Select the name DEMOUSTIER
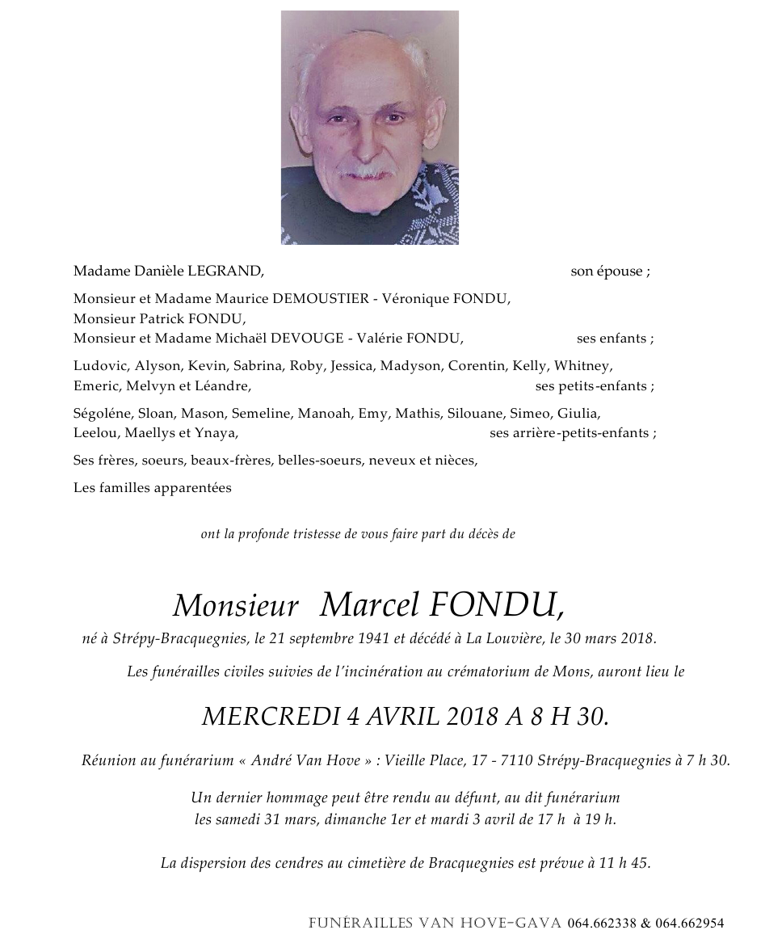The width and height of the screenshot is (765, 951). [x=321, y=299]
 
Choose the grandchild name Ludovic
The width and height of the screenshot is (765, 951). [x=99, y=366]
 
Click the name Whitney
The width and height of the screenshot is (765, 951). [x=583, y=366]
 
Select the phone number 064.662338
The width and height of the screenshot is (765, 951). [x=602, y=924]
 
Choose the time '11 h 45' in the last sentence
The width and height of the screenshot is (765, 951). [x=624, y=863]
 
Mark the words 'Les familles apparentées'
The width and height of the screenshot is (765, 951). [x=152, y=488]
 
